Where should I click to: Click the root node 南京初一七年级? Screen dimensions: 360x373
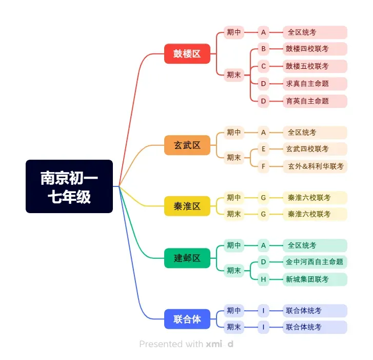coord(69,186)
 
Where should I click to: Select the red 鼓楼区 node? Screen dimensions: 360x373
coord(187,53)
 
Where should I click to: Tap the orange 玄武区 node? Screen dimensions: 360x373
coord(187,145)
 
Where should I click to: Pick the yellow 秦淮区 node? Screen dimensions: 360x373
coord(187,206)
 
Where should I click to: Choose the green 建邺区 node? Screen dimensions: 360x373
coord(187,258)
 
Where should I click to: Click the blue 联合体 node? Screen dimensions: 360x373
coord(187,319)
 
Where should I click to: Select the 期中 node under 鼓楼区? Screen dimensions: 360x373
coord(234,32)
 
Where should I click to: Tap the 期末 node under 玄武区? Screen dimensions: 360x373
coord(234,158)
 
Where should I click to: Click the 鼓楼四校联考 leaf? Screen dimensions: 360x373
coord(315,49)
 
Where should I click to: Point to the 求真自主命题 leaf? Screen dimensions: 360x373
coord(315,83)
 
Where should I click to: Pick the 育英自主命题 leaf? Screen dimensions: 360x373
coord(315,101)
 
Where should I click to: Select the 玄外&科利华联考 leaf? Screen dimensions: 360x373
coord(315,166)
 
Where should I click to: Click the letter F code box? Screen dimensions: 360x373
coord(263,166)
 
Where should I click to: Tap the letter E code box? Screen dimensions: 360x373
coord(263,149)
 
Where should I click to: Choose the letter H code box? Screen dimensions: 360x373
coord(263,279)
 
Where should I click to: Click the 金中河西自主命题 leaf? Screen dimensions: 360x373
coord(315,262)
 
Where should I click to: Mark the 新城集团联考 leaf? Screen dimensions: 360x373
coord(315,279)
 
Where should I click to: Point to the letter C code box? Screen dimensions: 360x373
coord(263,66)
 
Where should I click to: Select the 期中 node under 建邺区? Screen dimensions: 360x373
coord(234,245)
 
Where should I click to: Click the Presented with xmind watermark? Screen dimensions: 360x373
coord(186,344)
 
